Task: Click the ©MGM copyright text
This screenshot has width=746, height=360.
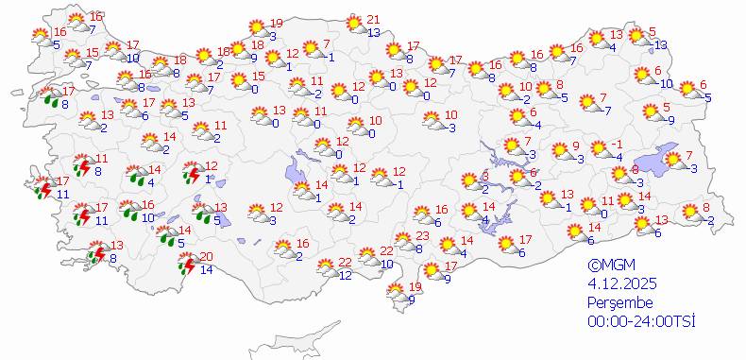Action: [605, 266]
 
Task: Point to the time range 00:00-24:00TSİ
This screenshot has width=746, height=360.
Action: [640, 321]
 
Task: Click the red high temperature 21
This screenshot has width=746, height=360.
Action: [373, 20]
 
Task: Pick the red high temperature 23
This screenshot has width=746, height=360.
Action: [423, 236]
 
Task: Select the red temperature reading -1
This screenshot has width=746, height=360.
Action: [617, 144]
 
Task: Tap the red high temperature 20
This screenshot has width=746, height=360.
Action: [207, 257]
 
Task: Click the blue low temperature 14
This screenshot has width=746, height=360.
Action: [207, 270]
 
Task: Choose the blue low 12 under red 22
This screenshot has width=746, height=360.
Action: [346, 275]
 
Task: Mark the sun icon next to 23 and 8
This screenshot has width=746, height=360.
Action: [403, 241]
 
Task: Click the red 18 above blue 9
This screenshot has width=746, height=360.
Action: [258, 45]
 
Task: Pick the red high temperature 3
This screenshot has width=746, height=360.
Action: [484, 177]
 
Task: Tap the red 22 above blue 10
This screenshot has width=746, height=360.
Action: [387, 251]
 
